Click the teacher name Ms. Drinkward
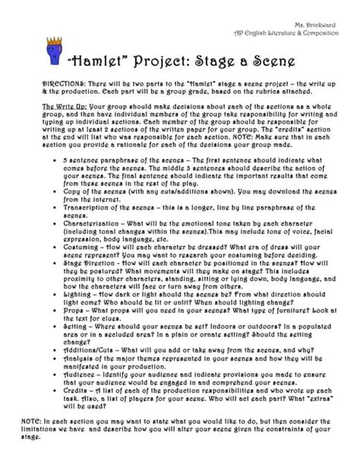(318, 26)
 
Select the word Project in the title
(156, 60)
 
